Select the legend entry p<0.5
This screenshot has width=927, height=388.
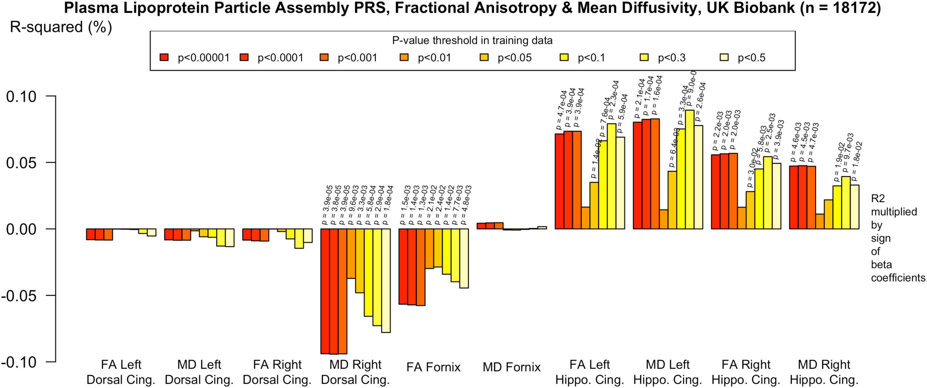[751, 58]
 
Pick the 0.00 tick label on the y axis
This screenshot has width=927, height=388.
[22, 229]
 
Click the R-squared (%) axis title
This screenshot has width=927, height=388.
[61, 27]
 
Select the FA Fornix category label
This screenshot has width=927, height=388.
[433, 367]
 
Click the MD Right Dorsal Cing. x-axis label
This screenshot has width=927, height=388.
[355, 372]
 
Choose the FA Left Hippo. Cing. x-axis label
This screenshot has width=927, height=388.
[589, 372]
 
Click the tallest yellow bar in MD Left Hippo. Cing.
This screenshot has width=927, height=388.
[690, 169]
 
